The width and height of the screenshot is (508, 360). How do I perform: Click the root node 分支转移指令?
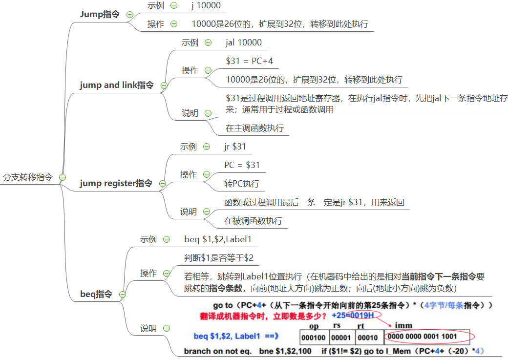(x=27, y=177)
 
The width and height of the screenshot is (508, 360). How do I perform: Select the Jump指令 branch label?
(x=100, y=14)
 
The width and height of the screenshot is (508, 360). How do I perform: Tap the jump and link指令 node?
(x=117, y=85)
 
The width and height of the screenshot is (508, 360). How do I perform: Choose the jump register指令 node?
(x=116, y=183)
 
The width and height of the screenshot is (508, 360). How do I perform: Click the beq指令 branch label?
(x=96, y=294)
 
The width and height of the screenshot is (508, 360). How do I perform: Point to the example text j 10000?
(x=206, y=6)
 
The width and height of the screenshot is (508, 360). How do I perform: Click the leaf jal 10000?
(x=243, y=42)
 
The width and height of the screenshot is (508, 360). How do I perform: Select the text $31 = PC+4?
(x=249, y=61)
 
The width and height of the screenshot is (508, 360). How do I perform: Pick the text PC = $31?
(x=242, y=165)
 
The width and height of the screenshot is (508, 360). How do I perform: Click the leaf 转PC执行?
(x=242, y=184)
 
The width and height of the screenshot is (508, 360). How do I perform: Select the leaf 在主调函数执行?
(x=254, y=128)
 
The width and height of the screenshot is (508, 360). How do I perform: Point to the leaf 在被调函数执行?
(x=253, y=221)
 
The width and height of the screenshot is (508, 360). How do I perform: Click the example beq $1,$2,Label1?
(x=217, y=239)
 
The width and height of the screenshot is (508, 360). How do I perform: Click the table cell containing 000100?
(x=314, y=338)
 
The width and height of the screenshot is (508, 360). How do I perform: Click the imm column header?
(x=403, y=325)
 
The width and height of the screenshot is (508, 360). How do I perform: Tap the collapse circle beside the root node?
(x=63, y=177)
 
